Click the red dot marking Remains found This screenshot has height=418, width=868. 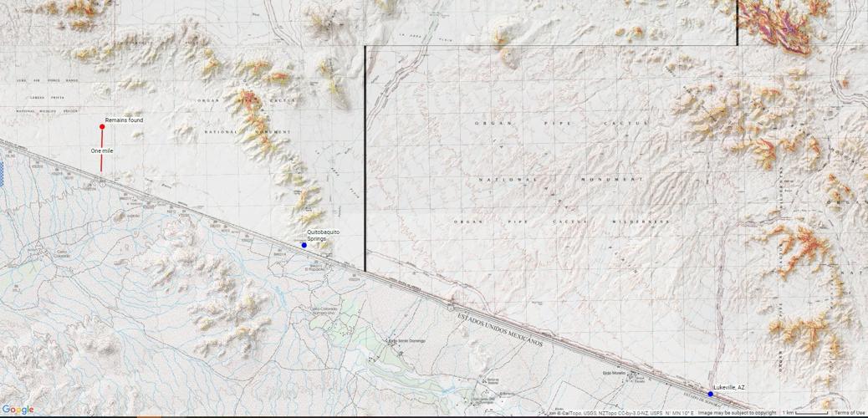tap(102, 127)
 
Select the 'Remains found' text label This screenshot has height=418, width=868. tap(124, 120)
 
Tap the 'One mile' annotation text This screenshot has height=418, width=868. tap(102, 150)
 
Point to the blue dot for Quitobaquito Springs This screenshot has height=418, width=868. tap(304, 245)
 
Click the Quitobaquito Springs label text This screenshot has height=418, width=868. tap(322, 235)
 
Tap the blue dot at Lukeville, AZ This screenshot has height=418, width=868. tap(711, 394)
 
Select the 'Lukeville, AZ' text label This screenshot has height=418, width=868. tap(729, 387)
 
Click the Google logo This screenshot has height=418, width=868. tap(18, 410)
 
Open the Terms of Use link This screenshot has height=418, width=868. tap(850, 413)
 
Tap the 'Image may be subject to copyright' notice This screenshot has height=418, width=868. tap(737, 413)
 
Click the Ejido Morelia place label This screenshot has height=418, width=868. tap(614, 373)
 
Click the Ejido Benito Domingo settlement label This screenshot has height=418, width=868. tap(406, 341)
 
